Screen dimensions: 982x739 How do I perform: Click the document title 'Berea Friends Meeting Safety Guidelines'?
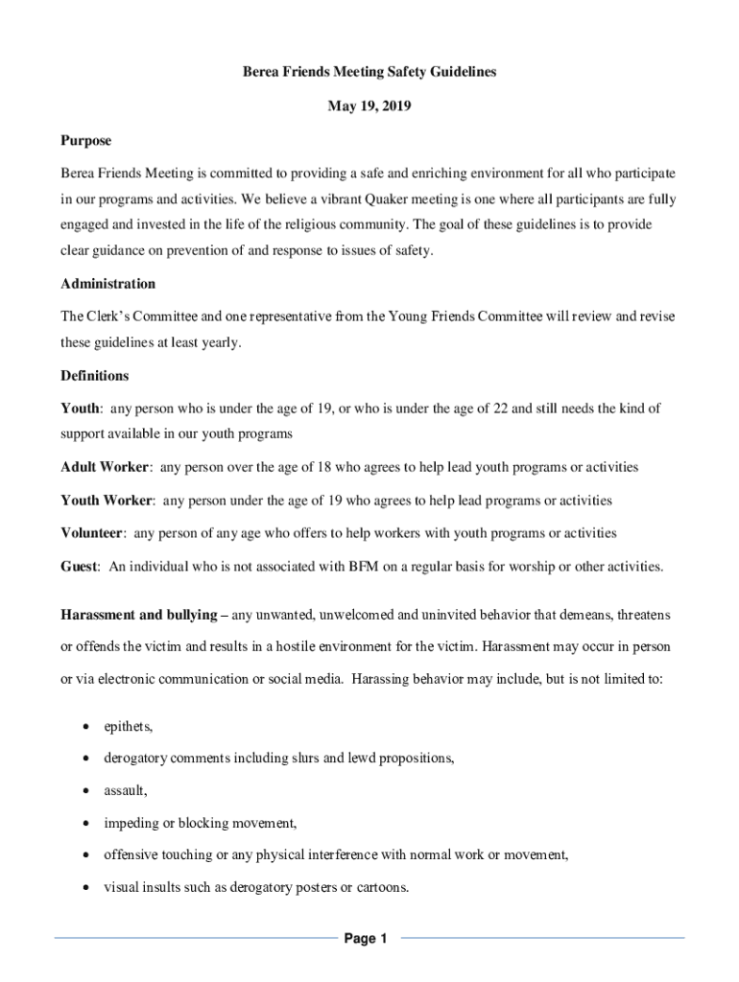[x=369, y=72]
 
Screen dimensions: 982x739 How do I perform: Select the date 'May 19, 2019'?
[x=369, y=106]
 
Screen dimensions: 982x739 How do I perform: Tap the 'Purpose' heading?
[x=85, y=140]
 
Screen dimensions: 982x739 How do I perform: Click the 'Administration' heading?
[x=107, y=284]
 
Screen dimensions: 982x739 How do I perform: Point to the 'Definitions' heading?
[x=94, y=375]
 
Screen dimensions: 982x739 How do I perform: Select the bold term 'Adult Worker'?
[x=105, y=467]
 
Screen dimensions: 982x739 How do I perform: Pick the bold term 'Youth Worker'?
[x=107, y=500]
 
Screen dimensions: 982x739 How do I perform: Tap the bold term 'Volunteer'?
[x=92, y=532]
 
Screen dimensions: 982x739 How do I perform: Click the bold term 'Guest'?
[x=79, y=566]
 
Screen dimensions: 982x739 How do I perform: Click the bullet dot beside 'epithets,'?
[x=87, y=726]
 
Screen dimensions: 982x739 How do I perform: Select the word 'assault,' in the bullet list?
[x=126, y=791]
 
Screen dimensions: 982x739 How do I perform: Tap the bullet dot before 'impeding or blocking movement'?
[x=87, y=824]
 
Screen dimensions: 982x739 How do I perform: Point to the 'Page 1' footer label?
[x=366, y=939]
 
